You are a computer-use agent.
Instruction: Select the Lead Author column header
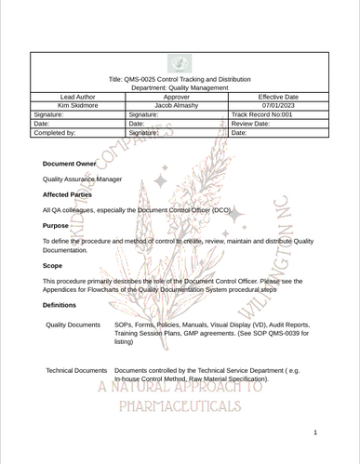coord(77,97)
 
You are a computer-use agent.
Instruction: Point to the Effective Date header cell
coord(277,97)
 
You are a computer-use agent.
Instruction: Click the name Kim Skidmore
coord(77,105)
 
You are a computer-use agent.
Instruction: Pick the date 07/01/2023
coord(277,105)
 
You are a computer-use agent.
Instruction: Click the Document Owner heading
coord(70,164)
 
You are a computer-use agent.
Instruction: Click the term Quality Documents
coord(73,325)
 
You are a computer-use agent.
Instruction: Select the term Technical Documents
coord(76,370)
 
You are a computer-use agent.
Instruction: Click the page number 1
coord(316,432)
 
